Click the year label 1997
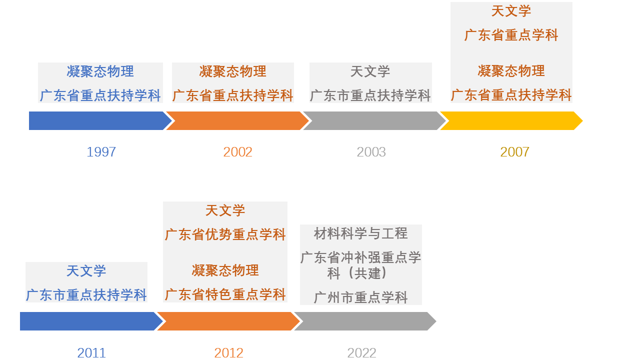pyautogui.click(x=101, y=152)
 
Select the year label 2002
pyautogui.click(x=237, y=152)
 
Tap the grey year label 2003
pyautogui.click(x=371, y=152)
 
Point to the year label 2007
pyautogui.click(x=514, y=152)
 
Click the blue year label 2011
pyautogui.click(x=91, y=353)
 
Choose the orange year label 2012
pyautogui.click(x=228, y=353)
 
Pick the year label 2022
pyautogui.click(x=361, y=353)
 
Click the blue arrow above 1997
pyautogui.click(x=100, y=121)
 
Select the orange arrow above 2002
pyautogui.click(x=237, y=121)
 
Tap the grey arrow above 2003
pyautogui.click(x=374, y=121)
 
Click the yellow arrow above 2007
pyautogui.click(x=511, y=121)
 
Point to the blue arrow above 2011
pyautogui.click(x=91, y=321)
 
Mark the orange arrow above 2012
pyautogui.click(x=228, y=321)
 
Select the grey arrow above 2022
pyautogui.click(x=365, y=321)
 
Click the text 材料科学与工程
pyautogui.click(x=360, y=233)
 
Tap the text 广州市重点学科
pyautogui.click(x=360, y=297)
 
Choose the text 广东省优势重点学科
pyautogui.click(x=225, y=234)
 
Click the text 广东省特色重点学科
pyautogui.click(x=225, y=294)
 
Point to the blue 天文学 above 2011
pyautogui.click(x=86, y=271)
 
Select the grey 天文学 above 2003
pyautogui.click(x=370, y=71)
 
